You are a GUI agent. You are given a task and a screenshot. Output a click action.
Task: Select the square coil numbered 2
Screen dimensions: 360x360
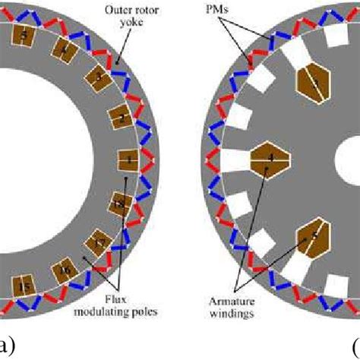(119, 118)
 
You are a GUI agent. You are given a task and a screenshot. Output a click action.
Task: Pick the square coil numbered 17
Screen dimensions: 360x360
(99, 243)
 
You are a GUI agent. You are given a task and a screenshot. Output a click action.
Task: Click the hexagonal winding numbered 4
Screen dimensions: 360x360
(270, 160)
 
